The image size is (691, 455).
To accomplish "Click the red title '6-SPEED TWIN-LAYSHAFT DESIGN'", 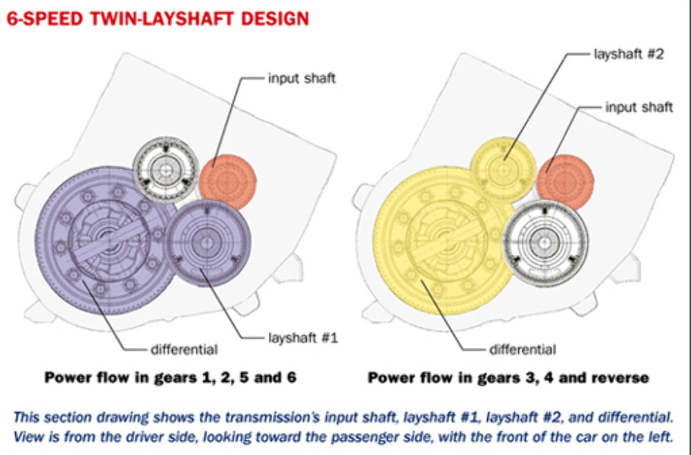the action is pyautogui.click(x=158, y=19).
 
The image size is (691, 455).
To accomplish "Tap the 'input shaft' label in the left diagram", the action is pyautogui.click(x=302, y=79).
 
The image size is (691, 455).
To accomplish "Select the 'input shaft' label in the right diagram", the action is pyautogui.click(x=639, y=107).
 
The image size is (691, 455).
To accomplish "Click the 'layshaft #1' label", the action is pyautogui.click(x=303, y=338).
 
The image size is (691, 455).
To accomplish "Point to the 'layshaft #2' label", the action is pyautogui.click(x=629, y=54).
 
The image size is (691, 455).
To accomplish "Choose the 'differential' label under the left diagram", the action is pyautogui.click(x=184, y=350).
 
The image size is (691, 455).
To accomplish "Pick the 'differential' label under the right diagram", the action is pyautogui.click(x=522, y=350).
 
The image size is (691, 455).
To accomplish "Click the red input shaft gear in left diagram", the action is pyautogui.click(x=228, y=182).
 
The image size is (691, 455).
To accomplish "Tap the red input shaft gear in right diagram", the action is pyautogui.click(x=565, y=182).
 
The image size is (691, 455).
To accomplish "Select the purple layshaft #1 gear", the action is pyautogui.click(x=207, y=243).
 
